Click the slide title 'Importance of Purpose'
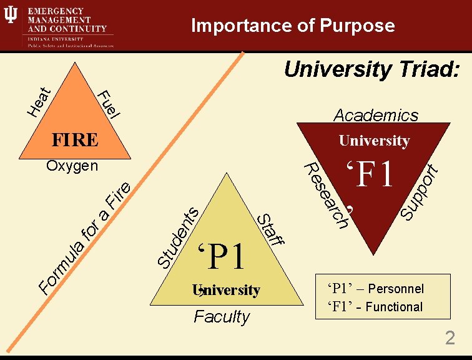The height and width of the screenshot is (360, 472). [293, 26]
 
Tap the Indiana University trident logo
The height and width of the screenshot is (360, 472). [11, 16]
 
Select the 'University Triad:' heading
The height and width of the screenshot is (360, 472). [372, 70]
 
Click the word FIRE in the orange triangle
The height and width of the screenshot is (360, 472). [74, 139]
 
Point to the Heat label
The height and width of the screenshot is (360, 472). [39, 101]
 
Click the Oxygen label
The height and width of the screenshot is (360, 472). [72, 166]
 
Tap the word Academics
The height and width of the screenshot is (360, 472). [376, 115]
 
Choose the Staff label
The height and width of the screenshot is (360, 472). [272, 230]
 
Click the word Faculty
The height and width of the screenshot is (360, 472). [222, 317]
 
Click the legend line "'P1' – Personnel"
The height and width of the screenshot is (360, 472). [375, 289]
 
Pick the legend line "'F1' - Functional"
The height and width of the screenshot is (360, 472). [375, 307]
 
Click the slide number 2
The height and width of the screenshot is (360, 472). [450, 339]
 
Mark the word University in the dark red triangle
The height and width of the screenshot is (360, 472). [374, 141]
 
